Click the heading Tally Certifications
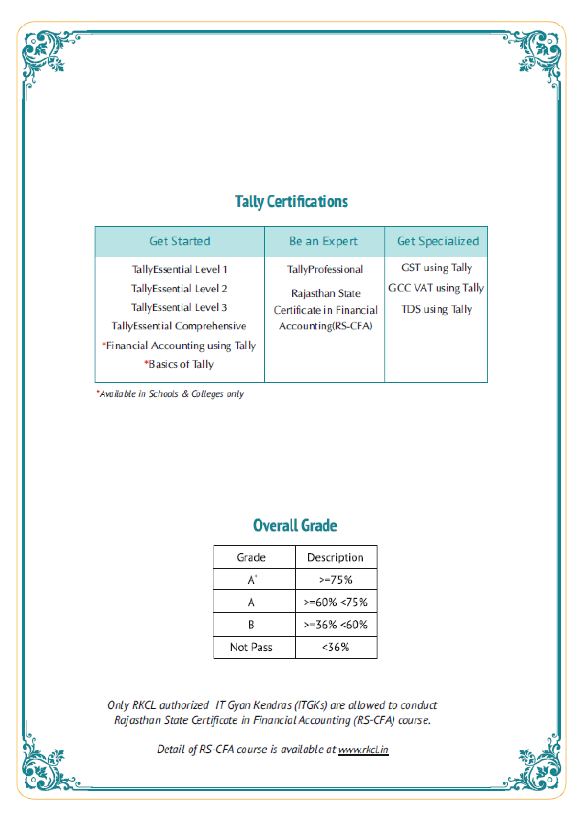(291, 202)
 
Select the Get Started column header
(180, 241)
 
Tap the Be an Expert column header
(323, 241)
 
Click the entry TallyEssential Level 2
(179, 288)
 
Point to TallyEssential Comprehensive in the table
(179, 326)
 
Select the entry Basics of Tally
(179, 364)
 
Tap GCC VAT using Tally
(436, 288)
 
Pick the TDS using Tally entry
(437, 309)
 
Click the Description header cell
(336, 557)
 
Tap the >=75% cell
(336, 580)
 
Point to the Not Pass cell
(251, 647)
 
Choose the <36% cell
(336, 647)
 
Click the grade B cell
(251, 625)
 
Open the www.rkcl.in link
(363, 750)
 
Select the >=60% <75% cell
(336, 602)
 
